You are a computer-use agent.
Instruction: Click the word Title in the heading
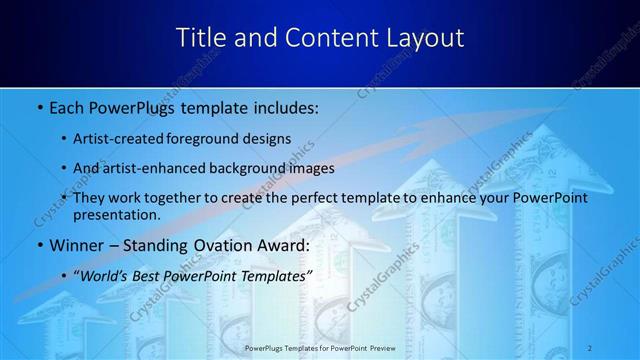[200, 38]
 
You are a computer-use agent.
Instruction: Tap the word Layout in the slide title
[424, 38]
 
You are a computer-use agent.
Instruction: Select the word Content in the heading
[321, 38]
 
